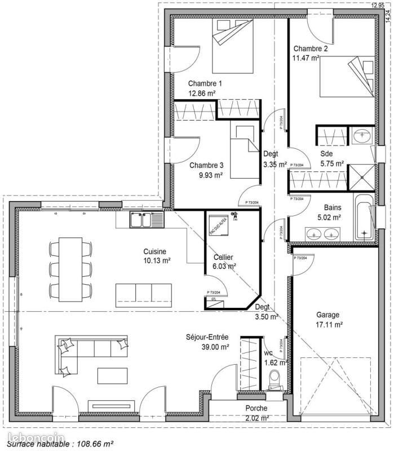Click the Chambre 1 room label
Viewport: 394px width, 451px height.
click(x=205, y=83)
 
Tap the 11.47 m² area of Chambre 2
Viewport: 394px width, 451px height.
click(x=306, y=58)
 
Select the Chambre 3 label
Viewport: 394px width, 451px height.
click(x=206, y=165)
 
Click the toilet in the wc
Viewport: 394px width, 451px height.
click(x=275, y=379)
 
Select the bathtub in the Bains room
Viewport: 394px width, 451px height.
click(x=365, y=216)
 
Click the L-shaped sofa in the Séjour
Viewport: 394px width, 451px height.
click(x=85, y=352)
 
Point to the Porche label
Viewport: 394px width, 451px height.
click(x=256, y=408)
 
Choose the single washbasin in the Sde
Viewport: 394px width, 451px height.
click(x=360, y=136)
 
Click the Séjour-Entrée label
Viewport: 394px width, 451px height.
click(x=207, y=338)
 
